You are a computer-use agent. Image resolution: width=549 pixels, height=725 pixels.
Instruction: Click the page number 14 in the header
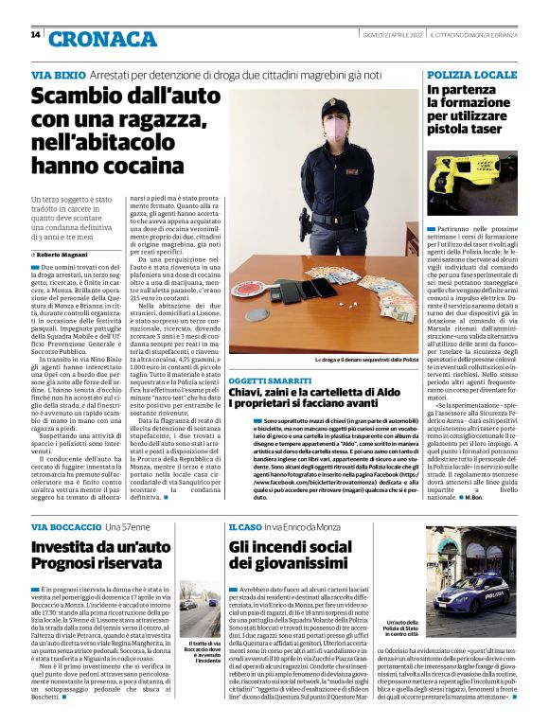pyautogui.click(x=35, y=34)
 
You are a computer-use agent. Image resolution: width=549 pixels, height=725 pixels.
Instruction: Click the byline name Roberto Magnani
pyautogui.click(x=65, y=256)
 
